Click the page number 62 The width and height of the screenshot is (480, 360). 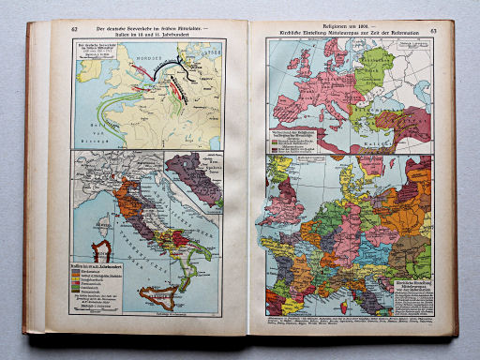click(x=74, y=29)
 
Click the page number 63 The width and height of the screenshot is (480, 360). click(x=433, y=31)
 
